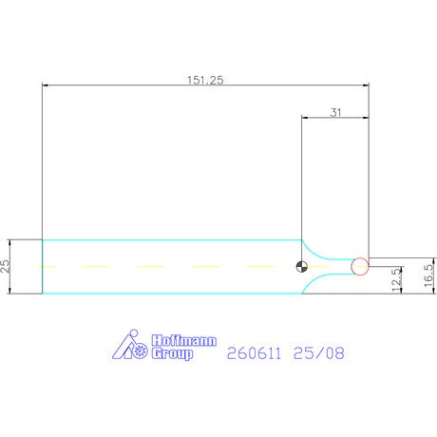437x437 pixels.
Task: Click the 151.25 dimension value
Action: click(205, 80)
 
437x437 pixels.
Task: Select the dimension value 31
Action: click(335, 112)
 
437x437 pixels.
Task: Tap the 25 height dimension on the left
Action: click(5, 266)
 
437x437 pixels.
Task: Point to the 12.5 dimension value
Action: click(396, 280)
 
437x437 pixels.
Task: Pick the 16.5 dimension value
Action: click(428, 275)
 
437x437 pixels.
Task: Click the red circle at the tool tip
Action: click(360, 266)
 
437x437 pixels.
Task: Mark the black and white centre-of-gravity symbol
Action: click(302, 267)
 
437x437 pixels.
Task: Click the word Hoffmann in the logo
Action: click(184, 341)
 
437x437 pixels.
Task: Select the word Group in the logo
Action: click(172, 353)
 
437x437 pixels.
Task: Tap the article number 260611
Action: click(254, 353)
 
